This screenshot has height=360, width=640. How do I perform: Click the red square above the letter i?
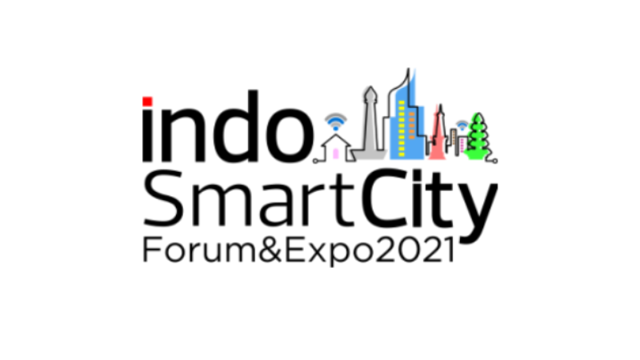pyautogui.click(x=147, y=102)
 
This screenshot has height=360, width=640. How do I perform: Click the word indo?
pyautogui.click(x=228, y=126)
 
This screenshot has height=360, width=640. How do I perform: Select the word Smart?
pyautogui.click(x=248, y=198)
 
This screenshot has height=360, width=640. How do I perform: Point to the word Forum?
pyautogui.click(x=199, y=250)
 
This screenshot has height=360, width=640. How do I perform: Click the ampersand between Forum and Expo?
pyautogui.click(x=270, y=250)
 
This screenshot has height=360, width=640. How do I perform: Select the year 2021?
pyautogui.click(x=414, y=250)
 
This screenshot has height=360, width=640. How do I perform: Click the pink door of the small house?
pyautogui.click(x=335, y=154)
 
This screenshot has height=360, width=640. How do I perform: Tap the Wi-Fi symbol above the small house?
pyautogui.click(x=335, y=122)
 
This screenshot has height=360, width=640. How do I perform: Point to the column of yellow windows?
pyautogui.click(x=402, y=128)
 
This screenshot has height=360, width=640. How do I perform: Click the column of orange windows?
pyautogui.click(x=411, y=124)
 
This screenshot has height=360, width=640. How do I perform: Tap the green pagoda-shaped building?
pyautogui.click(x=478, y=136)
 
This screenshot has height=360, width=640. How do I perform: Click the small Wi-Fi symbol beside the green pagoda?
pyautogui.click(x=462, y=125)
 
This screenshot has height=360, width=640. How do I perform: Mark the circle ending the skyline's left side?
pyautogui.click(x=315, y=162)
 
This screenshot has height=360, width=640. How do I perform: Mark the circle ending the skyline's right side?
pyautogui.click(x=494, y=162)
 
